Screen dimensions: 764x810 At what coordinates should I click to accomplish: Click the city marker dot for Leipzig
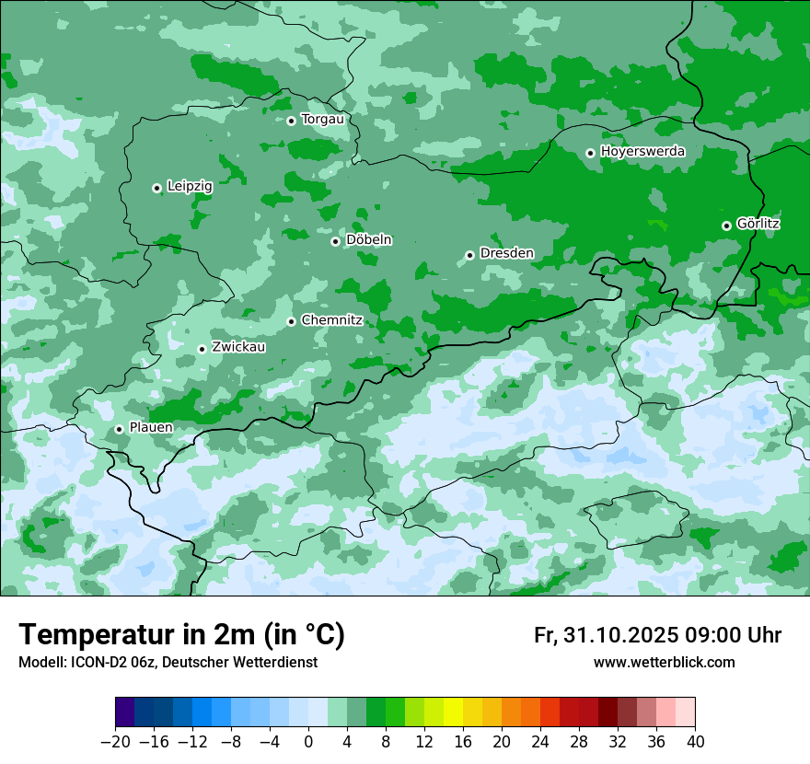point(156,188)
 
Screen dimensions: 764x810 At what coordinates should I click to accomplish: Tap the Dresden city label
point(506,253)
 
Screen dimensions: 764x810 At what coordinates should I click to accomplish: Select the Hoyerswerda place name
point(642,151)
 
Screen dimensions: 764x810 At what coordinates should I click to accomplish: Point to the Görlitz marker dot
point(726,226)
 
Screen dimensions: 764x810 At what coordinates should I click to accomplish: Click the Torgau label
point(322,119)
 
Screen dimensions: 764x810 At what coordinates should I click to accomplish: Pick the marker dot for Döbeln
point(335,241)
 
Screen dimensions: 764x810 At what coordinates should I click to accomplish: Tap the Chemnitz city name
point(331,320)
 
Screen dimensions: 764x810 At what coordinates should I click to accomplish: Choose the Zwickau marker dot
point(202,349)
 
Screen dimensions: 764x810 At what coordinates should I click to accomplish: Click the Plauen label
point(150,428)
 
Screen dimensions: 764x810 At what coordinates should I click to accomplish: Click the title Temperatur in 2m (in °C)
point(181,635)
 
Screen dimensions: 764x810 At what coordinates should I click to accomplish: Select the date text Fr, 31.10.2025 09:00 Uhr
point(657,636)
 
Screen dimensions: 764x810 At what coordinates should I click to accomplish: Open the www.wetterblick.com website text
point(664,663)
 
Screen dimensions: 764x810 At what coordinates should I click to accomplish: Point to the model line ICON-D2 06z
point(168,663)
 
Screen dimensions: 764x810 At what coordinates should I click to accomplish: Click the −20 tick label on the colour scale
point(115,742)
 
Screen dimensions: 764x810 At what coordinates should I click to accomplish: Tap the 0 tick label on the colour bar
point(308,742)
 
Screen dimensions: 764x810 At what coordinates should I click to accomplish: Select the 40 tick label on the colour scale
point(695,742)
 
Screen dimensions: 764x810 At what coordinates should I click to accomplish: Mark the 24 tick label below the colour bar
point(540,742)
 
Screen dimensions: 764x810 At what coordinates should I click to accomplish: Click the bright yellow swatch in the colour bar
point(453,712)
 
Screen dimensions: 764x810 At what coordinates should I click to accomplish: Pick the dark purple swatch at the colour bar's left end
point(125,712)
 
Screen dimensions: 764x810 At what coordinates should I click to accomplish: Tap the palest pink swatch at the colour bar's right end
point(686,712)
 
